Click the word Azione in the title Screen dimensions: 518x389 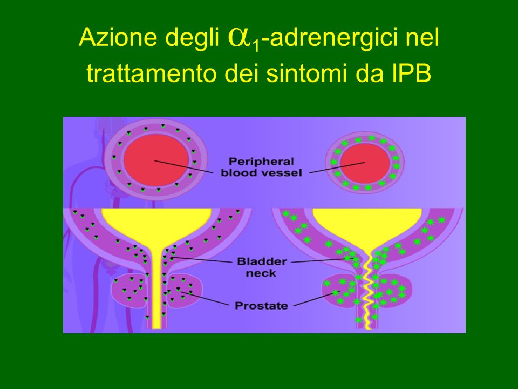[118, 37]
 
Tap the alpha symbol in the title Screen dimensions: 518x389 [239, 38]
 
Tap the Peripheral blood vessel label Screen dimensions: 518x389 [261, 167]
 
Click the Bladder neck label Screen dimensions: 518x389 [262, 267]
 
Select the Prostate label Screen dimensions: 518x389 [261, 305]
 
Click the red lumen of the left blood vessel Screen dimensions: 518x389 [156, 160]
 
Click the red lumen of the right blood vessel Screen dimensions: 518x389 [365, 163]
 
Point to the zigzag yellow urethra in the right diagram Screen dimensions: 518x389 [367, 291]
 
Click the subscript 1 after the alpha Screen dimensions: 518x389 [255, 45]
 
